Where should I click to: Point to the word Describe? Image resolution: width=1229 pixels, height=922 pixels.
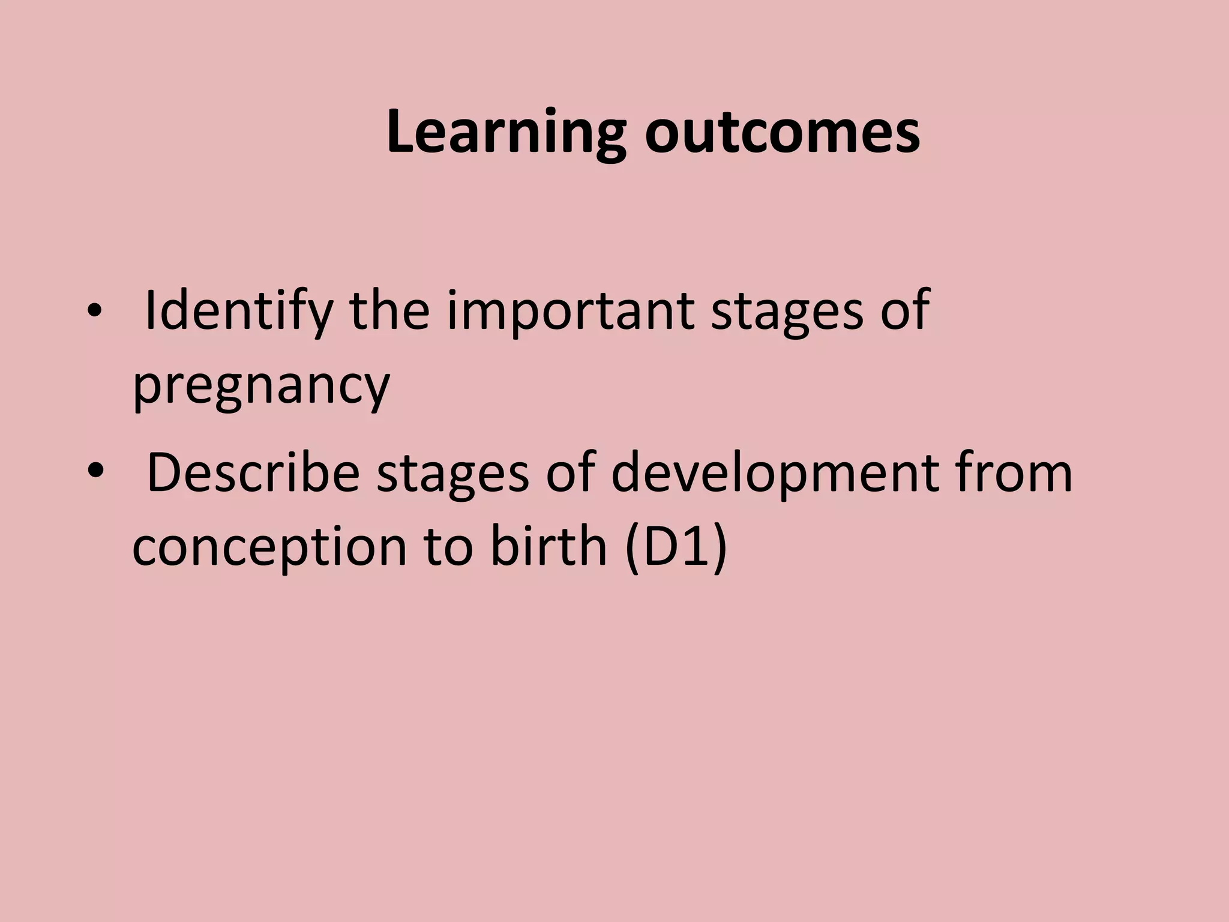(253, 474)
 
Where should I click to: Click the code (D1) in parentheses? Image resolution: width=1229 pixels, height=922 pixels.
(676, 547)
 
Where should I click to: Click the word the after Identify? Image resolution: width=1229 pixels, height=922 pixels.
(390, 311)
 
